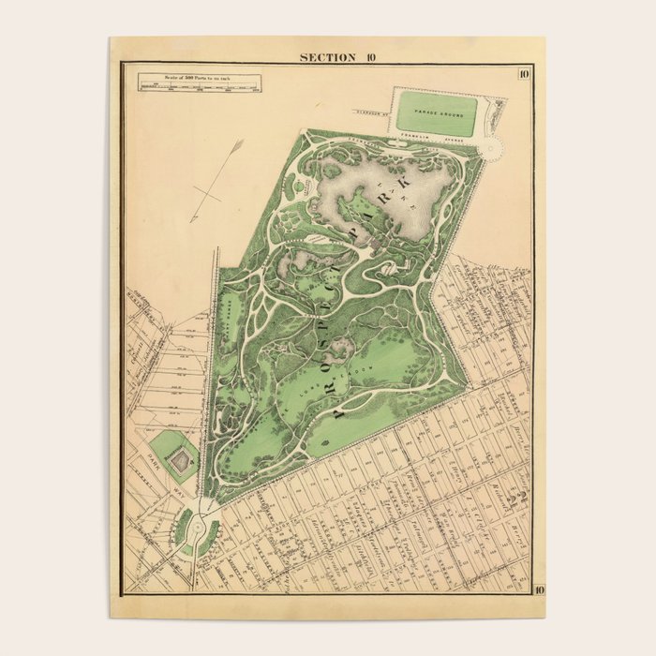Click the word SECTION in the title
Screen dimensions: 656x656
pos(327,57)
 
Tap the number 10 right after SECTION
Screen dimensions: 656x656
pos(372,57)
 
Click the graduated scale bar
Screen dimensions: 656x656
pos(200,87)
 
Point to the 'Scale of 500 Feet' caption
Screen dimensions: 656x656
pos(200,77)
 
